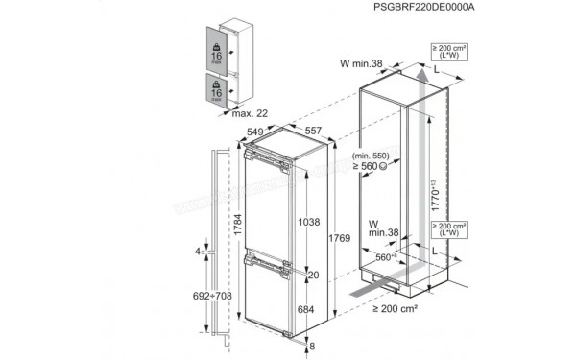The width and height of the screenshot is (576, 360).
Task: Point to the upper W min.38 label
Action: click(362, 64)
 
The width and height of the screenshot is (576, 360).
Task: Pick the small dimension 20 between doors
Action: click(313, 274)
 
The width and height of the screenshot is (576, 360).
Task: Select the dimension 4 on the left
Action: click(199, 252)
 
